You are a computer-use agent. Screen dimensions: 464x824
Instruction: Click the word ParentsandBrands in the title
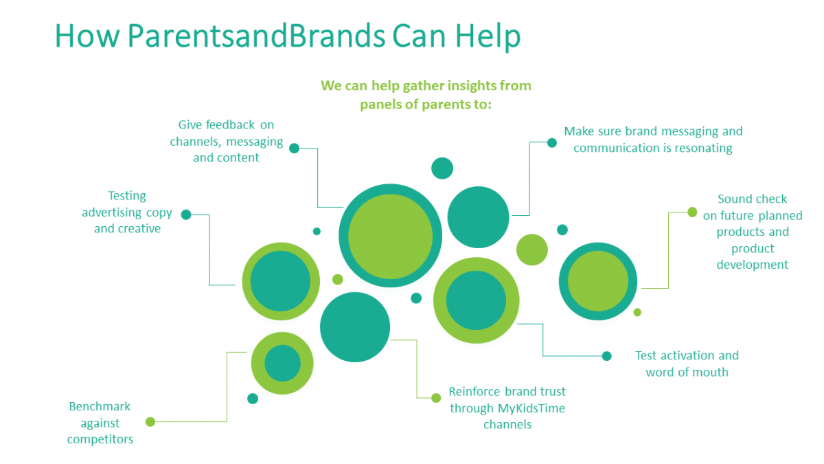pyautogui.click(x=256, y=36)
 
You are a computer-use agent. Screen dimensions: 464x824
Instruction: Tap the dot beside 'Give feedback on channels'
pyautogui.click(x=295, y=148)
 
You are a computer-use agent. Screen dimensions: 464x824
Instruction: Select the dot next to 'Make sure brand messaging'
pyautogui.click(x=551, y=143)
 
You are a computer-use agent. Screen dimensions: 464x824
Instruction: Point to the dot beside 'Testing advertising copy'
pyautogui.click(x=186, y=214)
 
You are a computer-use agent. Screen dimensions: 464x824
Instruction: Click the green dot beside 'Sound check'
pyautogui.click(x=692, y=212)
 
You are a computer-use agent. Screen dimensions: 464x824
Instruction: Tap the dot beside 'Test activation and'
pyautogui.click(x=606, y=356)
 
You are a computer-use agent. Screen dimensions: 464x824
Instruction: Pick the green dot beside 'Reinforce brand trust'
pyautogui.click(x=435, y=397)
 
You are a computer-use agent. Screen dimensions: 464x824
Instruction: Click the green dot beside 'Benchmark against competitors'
pyautogui.click(x=150, y=421)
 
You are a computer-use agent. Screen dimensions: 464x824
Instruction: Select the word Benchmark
pyautogui.click(x=100, y=406)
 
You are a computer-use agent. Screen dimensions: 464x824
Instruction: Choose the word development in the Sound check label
pyautogui.click(x=753, y=265)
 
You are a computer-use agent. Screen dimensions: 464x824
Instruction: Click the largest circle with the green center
pyautogui.click(x=390, y=236)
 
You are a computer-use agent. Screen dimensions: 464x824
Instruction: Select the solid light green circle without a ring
pyautogui.click(x=531, y=250)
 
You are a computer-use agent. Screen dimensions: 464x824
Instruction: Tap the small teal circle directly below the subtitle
pyautogui.click(x=442, y=168)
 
